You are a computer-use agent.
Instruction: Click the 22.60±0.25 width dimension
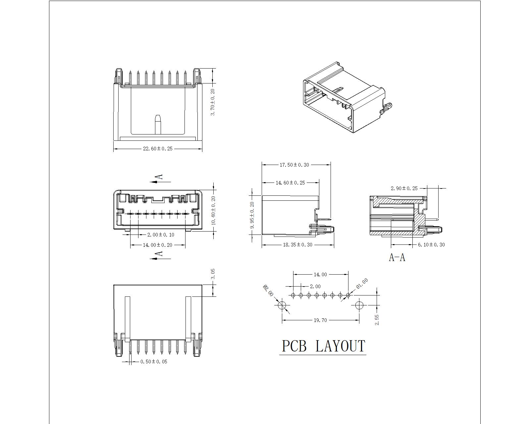coord(158,148)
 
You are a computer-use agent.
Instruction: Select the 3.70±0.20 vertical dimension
coord(213,102)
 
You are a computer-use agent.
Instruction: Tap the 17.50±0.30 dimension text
coord(294,165)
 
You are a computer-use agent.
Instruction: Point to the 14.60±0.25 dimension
coord(290,183)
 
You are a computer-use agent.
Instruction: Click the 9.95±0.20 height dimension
coord(252,215)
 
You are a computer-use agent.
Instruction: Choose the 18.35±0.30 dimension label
coord(297,245)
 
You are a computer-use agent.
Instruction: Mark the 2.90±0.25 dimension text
coord(404,188)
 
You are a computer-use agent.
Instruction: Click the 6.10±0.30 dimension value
coord(431,245)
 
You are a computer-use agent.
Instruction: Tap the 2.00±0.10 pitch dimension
coord(161,235)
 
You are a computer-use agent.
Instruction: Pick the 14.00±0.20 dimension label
coord(158,245)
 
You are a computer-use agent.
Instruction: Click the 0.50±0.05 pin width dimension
coord(154,362)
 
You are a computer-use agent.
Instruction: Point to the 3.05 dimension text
coord(213,274)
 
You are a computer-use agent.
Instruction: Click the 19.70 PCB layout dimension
coord(320,320)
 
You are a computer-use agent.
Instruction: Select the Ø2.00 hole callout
coord(268,291)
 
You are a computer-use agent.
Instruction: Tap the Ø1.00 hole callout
coord(362,283)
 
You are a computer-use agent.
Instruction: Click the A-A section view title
coord(397,257)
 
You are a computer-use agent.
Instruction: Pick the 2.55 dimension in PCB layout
coord(377,320)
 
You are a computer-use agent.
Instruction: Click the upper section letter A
coord(160,177)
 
